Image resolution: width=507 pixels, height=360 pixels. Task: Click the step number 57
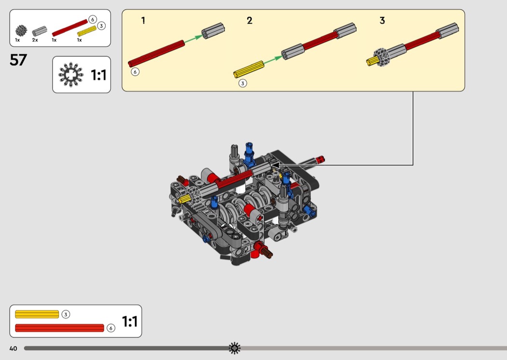[x=18, y=60]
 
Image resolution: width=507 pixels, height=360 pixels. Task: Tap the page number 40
[x=13, y=348]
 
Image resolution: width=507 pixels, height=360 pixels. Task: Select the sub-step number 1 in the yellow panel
[x=143, y=21]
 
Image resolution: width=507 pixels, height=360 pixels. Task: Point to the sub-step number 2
[x=249, y=21]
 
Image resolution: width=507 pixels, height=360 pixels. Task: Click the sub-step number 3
[x=382, y=21]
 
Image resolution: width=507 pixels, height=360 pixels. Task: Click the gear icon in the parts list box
[x=21, y=31]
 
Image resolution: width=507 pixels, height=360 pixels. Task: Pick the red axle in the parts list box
[x=70, y=28]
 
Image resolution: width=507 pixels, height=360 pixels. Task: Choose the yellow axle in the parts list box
[x=87, y=31]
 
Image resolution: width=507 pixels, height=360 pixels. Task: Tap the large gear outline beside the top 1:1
[x=71, y=75]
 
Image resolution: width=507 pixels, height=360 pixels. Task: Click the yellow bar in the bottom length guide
[x=37, y=314]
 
